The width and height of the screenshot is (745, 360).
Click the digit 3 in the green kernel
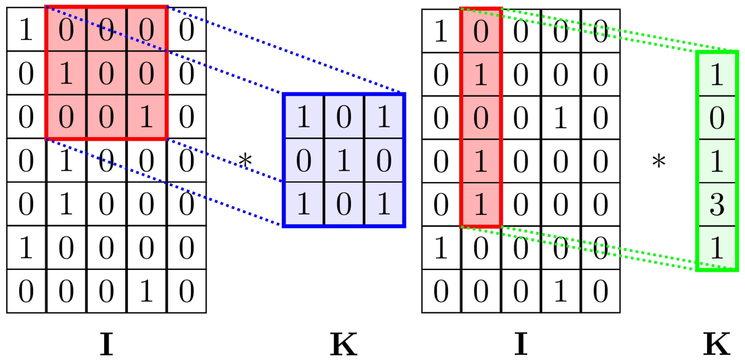click(x=717, y=204)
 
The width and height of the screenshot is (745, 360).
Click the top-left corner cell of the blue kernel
click(x=304, y=116)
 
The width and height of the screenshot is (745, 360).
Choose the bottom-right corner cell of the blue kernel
click(x=384, y=204)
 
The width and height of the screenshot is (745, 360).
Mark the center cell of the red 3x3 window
click(x=106, y=73)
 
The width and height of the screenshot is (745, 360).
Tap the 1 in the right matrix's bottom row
click(x=561, y=291)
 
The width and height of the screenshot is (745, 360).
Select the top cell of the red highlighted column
click(x=481, y=31)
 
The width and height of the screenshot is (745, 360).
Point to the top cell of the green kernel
click(x=717, y=74)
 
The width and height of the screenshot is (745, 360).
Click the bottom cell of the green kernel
click(x=717, y=248)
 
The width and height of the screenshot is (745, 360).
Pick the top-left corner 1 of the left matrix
click(x=26, y=29)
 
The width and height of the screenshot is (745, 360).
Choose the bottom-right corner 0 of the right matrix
click(x=600, y=291)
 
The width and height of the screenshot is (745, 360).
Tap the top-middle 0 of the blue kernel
click(x=344, y=116)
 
